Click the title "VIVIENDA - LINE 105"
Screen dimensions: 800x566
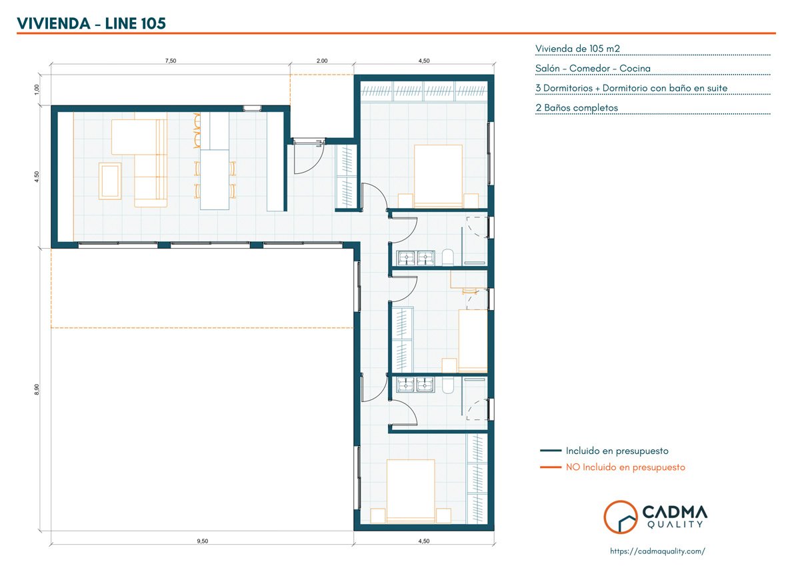tap(91, 23)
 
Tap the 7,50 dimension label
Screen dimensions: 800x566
tap(171, 61)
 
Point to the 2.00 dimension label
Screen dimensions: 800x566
tap(322, 61)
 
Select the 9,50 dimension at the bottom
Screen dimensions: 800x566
tap(203, 541)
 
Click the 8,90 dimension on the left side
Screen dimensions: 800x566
tap(37, 389)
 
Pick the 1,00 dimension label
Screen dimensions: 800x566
tap(37, 89)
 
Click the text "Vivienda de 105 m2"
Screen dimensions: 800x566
tap(577, 49)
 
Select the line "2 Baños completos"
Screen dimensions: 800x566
tap(577, 107)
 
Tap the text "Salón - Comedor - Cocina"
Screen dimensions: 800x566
tap(593, 68)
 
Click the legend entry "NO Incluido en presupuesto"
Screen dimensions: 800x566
tap(625, 467)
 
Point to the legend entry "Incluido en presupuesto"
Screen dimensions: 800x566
tap(617, 451)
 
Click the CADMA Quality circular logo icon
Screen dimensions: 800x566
tap(621, 517)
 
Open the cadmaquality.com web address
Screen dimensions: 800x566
tap(657, 551)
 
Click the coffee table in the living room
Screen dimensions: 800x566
tap(110, 181)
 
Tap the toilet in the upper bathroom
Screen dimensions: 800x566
tap(448, 257)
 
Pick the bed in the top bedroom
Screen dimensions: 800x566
tap(438, 176)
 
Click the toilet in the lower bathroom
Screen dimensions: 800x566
tap(448, 385)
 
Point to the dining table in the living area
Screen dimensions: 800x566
tap(215, 179)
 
